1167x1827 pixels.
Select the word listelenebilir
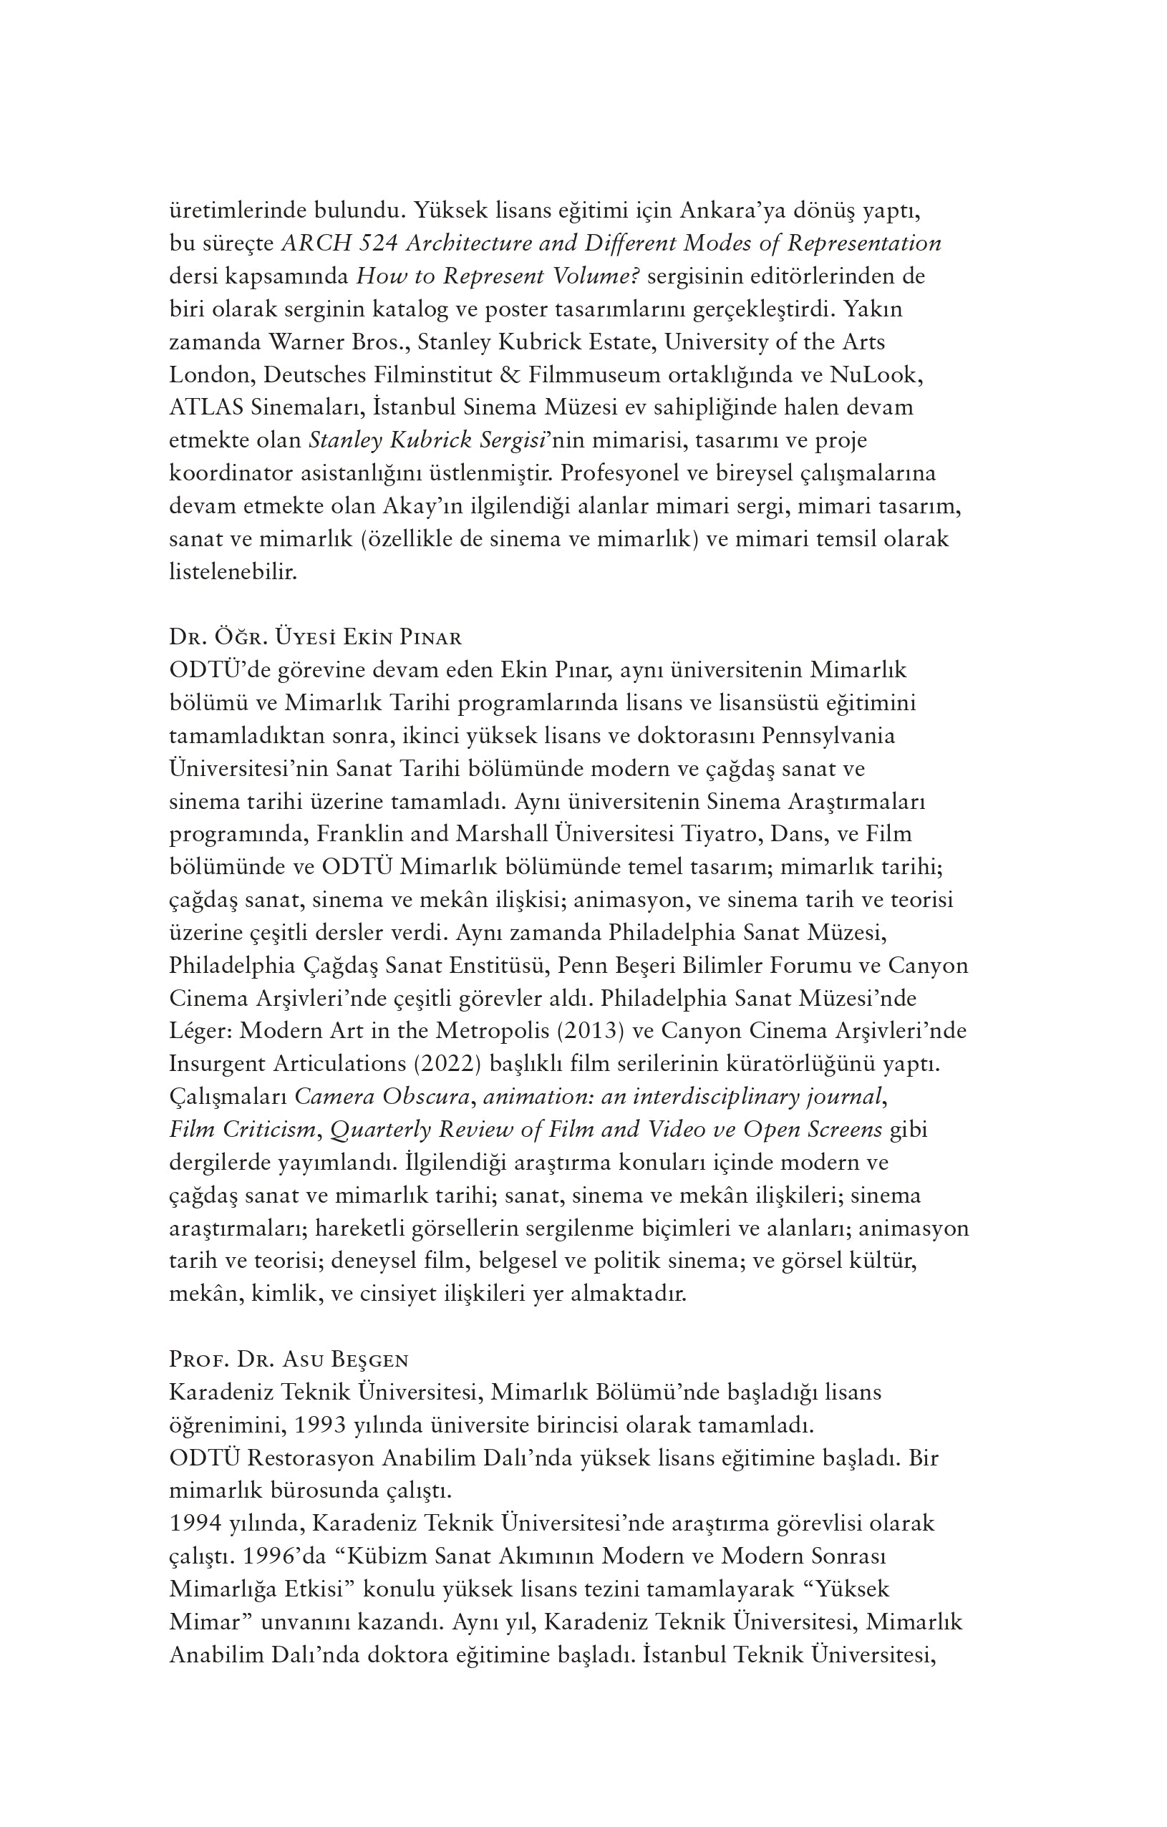coord(233,571)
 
